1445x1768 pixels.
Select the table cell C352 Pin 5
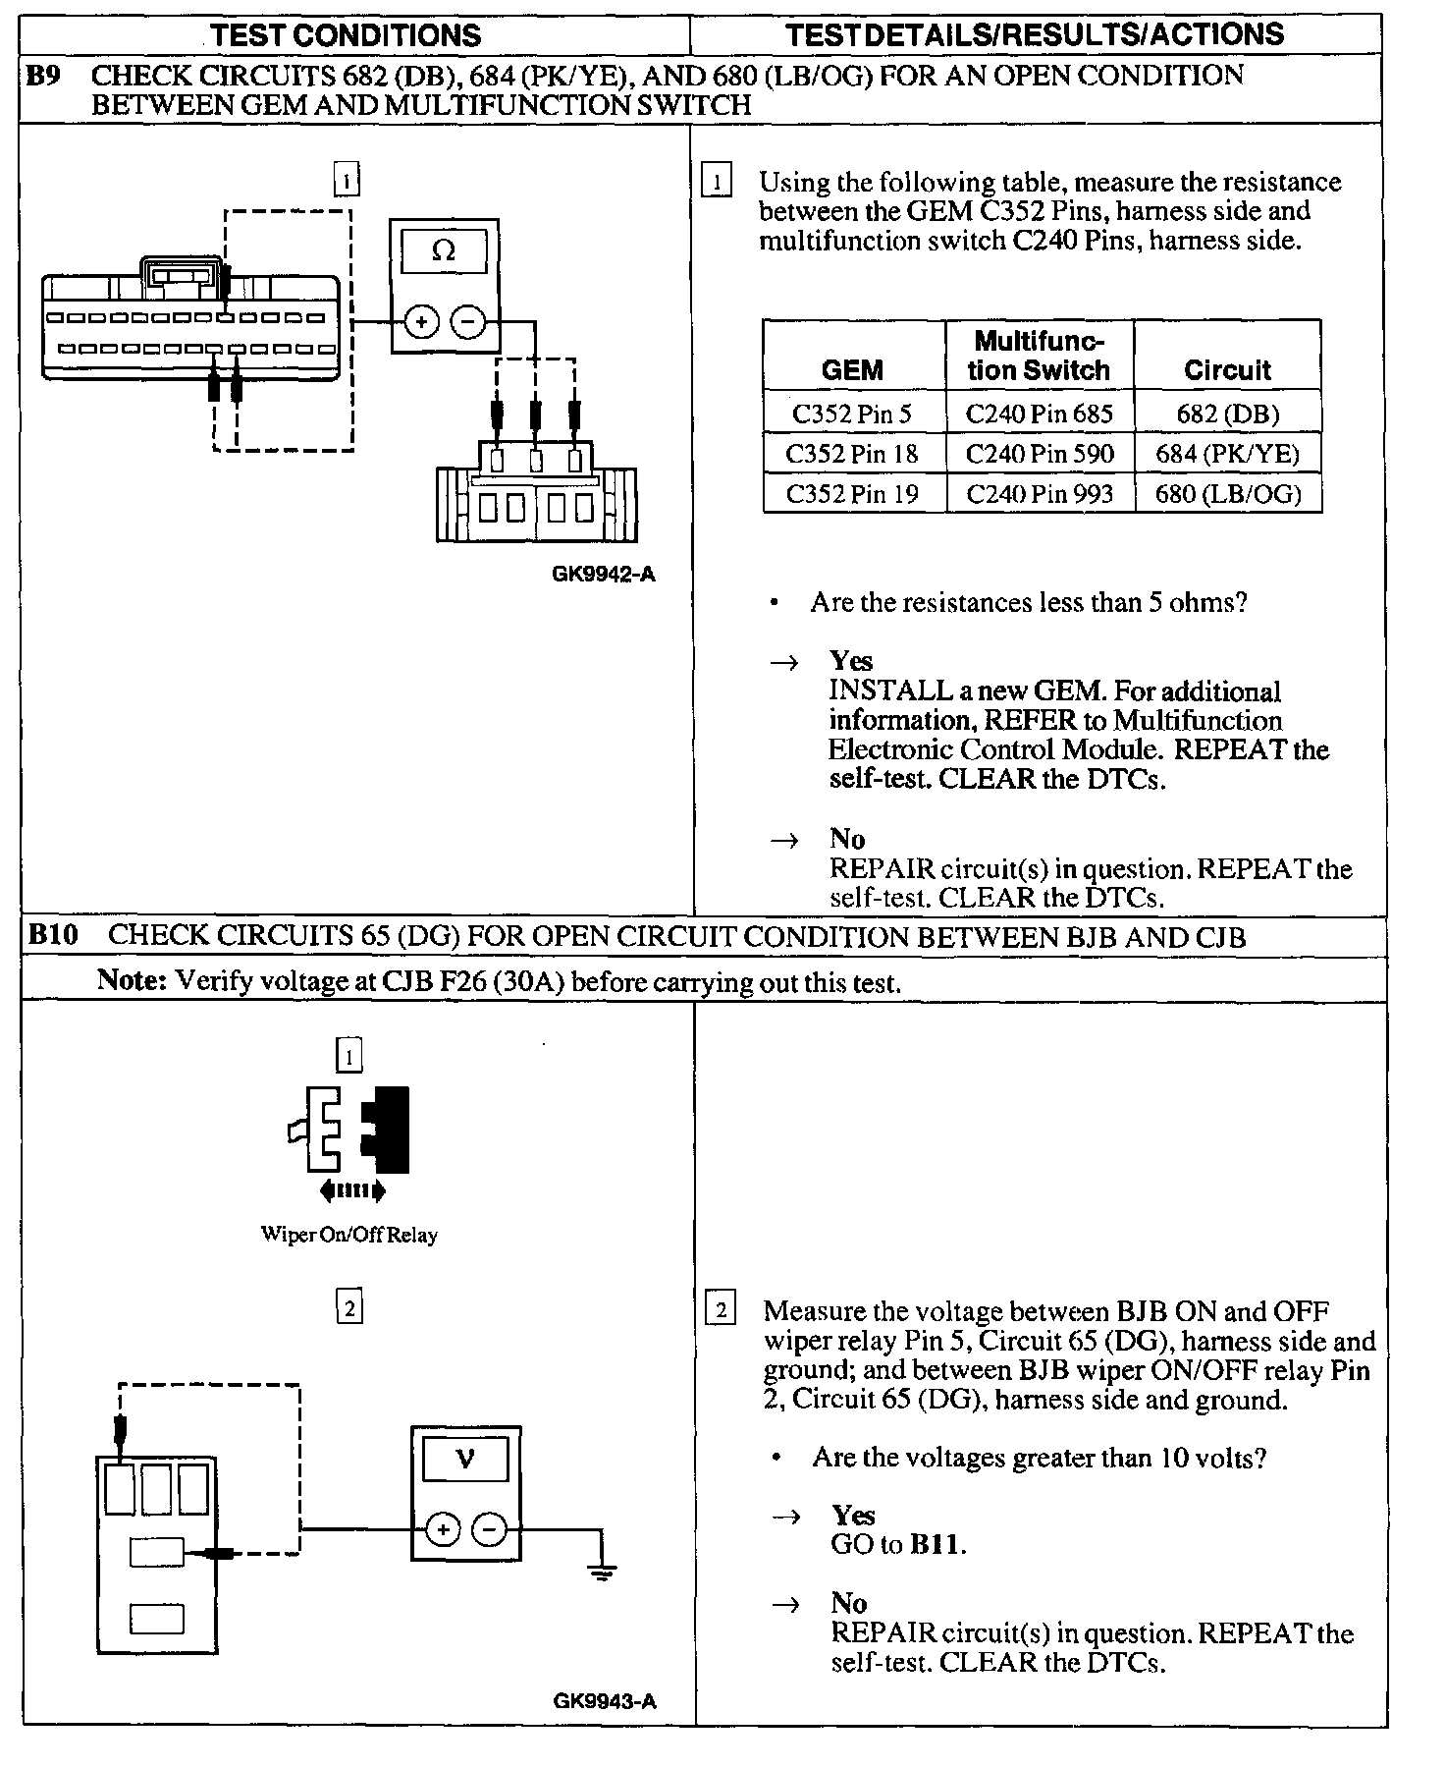[x=852, y=414]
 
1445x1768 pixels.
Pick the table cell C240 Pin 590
[x=1040, y=454]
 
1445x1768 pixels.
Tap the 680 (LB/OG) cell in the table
[x=1228, y=493]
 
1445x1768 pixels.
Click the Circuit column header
[x=1227, y=370]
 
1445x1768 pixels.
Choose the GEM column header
[x=852, y=370]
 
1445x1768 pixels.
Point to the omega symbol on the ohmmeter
[x=444, y=251]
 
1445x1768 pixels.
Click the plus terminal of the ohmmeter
[x=422, y=321]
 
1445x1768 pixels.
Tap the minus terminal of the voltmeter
[x=489, y=1529]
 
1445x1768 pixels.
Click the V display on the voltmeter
[x=465, y=1459]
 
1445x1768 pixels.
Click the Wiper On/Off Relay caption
[x=348, y=1235]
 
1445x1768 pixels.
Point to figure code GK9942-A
[x=603, y=575]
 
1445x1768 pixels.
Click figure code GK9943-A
[x=604, y=1701]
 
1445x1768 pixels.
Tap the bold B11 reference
[x=937, y=1544]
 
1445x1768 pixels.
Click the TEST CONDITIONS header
[x=346, y=36]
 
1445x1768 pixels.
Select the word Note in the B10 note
[x=132, y=980]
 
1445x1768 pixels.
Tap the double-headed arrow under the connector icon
[x=352, y=1191]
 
